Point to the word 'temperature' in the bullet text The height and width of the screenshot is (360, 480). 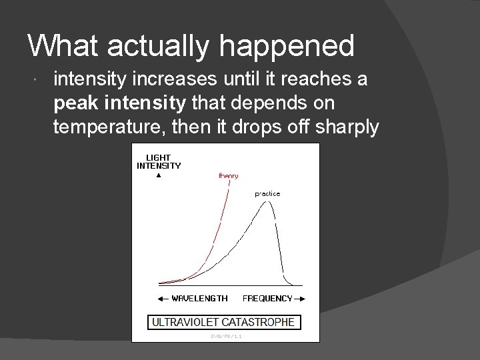[x=101, y=127]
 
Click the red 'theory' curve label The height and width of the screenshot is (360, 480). [x=228, y=176]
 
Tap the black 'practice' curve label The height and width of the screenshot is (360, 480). [x=267, y=194]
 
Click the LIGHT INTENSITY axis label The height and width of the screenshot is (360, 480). [x=159, y=161]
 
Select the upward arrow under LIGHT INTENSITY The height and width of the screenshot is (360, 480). [x=159, y=176]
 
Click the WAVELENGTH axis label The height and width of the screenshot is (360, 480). [x=199, y=298]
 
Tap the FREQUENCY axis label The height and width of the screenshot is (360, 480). [x=267, y=298]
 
